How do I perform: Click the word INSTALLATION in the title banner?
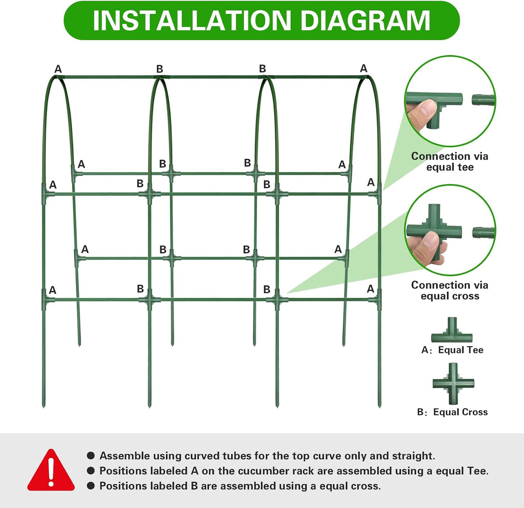pos(192,20)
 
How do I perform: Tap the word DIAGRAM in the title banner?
pos(365,20)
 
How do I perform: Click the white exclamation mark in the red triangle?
pos(51,472)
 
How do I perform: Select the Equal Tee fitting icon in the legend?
pos(452,330)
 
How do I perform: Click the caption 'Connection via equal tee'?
pos(450,162)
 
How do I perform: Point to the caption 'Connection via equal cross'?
pos(450,290)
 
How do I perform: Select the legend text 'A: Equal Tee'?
pos(452,350)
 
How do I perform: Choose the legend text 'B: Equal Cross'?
pos(452,412)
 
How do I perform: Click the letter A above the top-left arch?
pos(58,69)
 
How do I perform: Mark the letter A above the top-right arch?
pos(363,68)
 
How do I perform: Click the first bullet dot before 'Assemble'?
pos(91,456)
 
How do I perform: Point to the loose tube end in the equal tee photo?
pos(483,99)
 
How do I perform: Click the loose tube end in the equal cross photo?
pos(484,232)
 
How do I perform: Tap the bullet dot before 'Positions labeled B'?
pos(91,486)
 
